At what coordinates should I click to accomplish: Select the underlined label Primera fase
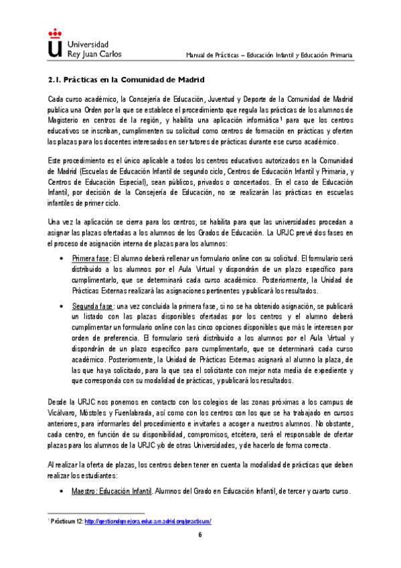(x=92, y=257)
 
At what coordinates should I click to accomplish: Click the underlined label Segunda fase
(x=94, y=307)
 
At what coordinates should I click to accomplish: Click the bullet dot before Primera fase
(x=62, y=258)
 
